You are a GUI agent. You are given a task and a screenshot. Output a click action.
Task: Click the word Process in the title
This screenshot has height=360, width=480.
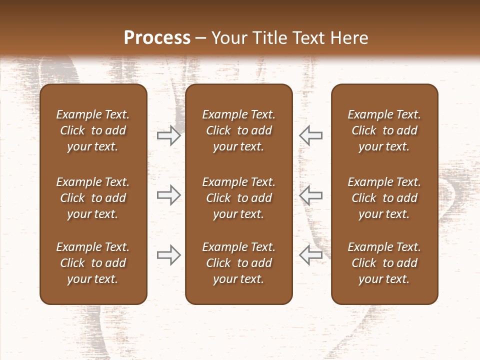(157, 38)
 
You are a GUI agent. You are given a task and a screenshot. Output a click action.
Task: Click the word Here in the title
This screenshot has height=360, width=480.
(350, 38)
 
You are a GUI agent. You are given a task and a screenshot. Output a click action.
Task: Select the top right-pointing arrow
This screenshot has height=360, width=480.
(168, 135)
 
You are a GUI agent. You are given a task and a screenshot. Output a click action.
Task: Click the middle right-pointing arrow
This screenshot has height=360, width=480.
(168, 195)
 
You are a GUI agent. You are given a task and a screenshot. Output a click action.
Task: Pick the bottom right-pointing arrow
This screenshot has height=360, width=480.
(168, 255)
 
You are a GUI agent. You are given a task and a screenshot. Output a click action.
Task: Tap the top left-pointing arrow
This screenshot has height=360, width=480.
(311, 135)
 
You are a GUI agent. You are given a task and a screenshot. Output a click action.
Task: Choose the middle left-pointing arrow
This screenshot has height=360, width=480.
(311, 195)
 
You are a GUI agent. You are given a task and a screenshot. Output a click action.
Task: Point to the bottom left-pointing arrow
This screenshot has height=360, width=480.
(311, 255)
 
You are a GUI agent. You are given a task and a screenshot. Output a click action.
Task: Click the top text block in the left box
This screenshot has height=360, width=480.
(93, 130)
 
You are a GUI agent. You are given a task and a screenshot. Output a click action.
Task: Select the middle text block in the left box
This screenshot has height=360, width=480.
(93, 198)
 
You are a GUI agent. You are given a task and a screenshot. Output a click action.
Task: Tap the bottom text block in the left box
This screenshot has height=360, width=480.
(93, 263)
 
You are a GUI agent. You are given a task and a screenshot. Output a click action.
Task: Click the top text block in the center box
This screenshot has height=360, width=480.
(238, 130)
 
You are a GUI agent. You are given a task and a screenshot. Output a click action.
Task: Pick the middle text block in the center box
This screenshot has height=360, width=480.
(238, 198)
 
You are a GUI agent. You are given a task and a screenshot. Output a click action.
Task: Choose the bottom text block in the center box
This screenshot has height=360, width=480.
(238, 263)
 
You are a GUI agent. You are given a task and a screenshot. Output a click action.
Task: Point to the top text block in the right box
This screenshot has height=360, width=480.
(384, 130)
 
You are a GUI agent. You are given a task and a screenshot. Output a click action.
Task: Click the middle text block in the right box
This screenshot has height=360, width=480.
(384, 198)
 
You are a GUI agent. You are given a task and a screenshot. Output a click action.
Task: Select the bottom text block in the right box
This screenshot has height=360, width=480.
(384, 263)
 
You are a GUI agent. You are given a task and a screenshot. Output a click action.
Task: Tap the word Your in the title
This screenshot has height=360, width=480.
(229, 38)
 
